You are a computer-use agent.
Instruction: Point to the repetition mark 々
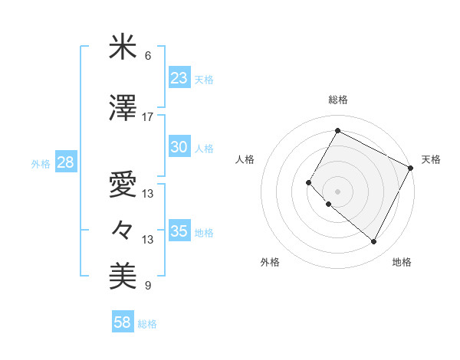(123, 229)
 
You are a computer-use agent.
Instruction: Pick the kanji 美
(123, 274)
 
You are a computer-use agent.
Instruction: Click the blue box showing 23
(179, 78)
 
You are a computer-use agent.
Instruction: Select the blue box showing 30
(179, 147)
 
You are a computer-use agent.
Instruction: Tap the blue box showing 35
(179, 231)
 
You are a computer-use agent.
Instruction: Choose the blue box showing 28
(64, 162)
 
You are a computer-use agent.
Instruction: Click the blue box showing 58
(123, 323)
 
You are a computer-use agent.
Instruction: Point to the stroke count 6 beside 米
(148, 56)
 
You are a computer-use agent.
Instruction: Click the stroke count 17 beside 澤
(148, 116)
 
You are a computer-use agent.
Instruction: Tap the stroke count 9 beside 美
(148, 286)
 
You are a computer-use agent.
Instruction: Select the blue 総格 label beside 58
(147, 324)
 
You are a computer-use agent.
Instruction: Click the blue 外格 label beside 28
(41, 163)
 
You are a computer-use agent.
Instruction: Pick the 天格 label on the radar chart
(431, 159)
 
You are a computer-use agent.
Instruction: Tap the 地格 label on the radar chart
(402, 262)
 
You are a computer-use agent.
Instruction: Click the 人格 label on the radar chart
(245, 159)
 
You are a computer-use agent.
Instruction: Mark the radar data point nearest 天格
(411, 167)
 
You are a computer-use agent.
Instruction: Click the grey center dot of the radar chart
(337, 191)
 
